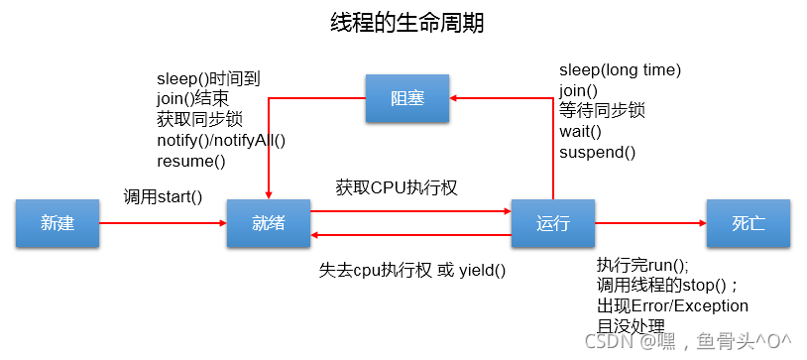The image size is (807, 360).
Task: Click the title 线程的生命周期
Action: (x=406, y=23)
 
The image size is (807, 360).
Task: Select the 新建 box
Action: (x=58, y=223)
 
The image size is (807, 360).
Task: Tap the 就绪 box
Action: (x=269, y=223)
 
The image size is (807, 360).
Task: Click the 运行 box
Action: (x=552, y=223)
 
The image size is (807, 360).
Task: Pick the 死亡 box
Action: (x=749, y=223)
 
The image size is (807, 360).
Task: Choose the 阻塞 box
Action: (x=406, y=98)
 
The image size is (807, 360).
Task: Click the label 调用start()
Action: (x=163, y=196)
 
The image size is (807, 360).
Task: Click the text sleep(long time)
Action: (x=620, y=69)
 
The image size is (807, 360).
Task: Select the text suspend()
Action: (x=597, y=153)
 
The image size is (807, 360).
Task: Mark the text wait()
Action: (x=581, y=132)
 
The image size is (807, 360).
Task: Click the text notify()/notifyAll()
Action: (x=221, y=140)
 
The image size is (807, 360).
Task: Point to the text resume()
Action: (x=191, y=161)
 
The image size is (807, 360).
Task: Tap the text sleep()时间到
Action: (x=208, y=77)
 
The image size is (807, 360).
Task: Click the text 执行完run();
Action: (x=641, y=265)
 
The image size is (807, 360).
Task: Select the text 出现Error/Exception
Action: (x=672, y=305)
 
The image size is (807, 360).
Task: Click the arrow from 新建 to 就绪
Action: (x=164, y=223)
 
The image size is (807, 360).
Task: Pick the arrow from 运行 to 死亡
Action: (x=649, y=223)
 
